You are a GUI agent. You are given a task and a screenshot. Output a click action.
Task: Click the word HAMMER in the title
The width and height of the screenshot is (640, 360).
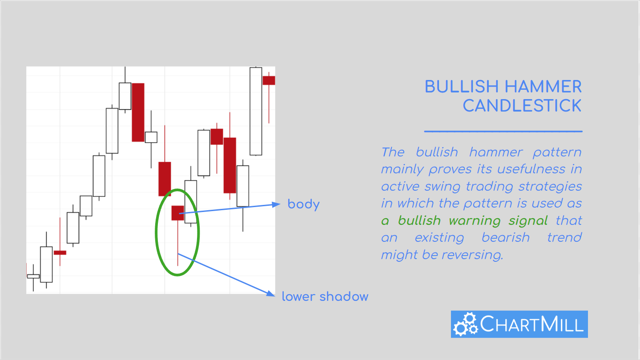[x=543, y=87]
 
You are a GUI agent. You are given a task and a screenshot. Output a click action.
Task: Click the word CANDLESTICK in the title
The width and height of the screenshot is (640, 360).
[x=522, y=106]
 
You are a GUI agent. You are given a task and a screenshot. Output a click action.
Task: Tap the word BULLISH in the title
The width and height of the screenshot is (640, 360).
[x=462, y=87]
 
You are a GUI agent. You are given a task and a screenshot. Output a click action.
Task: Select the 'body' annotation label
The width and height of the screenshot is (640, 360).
[x=303, y=205]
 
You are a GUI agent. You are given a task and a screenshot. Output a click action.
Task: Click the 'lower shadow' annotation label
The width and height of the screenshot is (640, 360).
[x=325, y=296]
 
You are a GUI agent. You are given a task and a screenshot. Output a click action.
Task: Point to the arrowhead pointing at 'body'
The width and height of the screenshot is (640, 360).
[x=276, y=204]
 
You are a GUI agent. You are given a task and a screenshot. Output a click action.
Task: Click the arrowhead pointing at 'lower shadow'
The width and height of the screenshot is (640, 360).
[x=270, y=293]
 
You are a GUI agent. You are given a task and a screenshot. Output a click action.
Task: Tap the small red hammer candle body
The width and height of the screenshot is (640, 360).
[x=178, y=213]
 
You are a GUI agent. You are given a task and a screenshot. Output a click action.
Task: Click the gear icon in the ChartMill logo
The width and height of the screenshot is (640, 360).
[x=465, y=324]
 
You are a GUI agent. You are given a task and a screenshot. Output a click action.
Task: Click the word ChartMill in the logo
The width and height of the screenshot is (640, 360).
[x=532, y=324]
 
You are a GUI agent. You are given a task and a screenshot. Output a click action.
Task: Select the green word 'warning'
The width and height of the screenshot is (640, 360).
[x=475, y=221]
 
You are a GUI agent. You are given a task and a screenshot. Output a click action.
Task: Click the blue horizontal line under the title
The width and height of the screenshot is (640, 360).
[x=503, y=131]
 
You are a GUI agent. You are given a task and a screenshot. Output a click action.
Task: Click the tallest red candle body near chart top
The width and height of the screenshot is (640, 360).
[x=138, y=112]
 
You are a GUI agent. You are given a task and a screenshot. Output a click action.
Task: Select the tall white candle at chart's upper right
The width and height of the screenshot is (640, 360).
[x=256, y=112]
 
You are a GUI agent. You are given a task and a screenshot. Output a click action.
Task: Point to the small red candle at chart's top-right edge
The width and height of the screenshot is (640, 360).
[x=269, y=80]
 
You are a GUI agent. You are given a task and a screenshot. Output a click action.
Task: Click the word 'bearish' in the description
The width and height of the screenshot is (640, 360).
[x=505, y=237]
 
